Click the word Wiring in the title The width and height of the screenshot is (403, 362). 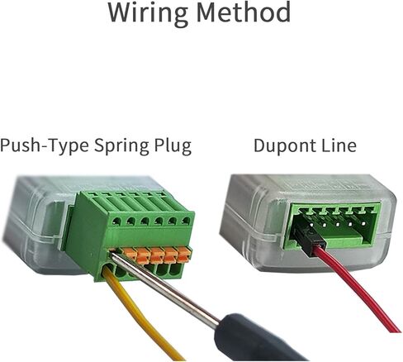point(148,13)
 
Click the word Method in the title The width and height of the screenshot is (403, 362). point(244,12)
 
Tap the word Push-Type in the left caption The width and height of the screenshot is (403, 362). point(44,145)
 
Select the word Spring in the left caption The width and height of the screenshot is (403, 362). point(121,146)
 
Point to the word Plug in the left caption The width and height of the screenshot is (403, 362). point(173,145)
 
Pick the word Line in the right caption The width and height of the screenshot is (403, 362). point(339,145)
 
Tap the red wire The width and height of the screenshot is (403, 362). point(358,289)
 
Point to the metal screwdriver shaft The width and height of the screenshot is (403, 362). point(165,287)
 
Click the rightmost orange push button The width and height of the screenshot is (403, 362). point(183,254)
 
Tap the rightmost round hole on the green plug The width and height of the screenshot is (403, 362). point(186,221)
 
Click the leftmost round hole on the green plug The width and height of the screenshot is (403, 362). point(116,221)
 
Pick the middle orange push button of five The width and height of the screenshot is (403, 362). point(157,255)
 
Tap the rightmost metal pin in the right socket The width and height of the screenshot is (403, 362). point(364,223)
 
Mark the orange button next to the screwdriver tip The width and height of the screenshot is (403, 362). point(130,253)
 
